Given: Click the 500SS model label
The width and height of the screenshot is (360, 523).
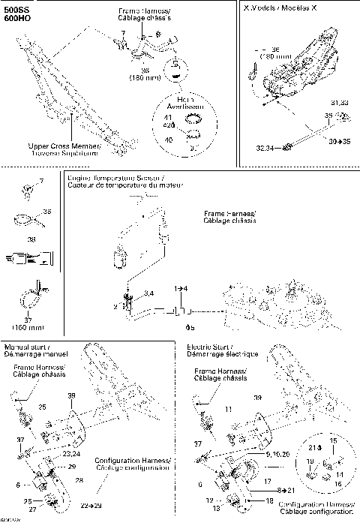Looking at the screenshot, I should (15, 10).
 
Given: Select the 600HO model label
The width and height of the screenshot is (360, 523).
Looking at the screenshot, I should (15, 20).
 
